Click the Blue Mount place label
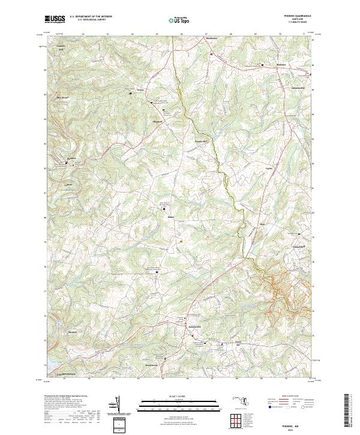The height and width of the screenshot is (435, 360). pos(62,98)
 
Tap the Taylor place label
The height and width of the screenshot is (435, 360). pos(269,169)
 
